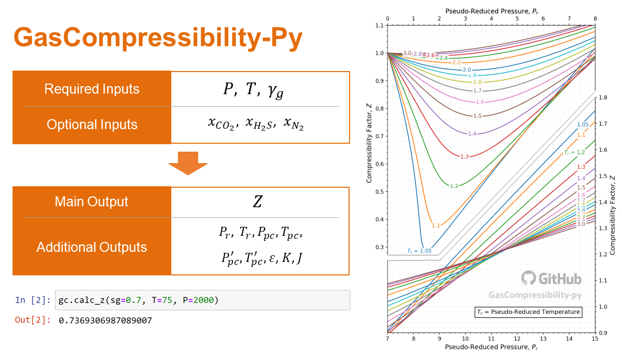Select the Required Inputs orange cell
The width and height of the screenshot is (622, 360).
91,89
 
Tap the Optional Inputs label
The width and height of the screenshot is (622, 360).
92,125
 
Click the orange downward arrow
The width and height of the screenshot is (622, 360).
188,163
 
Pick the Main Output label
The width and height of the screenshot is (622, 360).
91,202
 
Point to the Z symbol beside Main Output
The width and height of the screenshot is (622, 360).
257,202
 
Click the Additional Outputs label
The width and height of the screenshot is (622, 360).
91,247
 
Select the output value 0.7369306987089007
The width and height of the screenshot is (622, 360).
105,320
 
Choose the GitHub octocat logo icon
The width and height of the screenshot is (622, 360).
528,278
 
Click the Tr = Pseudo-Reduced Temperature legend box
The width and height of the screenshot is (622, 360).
528,312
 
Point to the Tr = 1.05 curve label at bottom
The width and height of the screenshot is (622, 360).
419,251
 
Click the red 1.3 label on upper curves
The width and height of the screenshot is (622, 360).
464,157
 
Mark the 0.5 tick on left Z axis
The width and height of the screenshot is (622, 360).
379,192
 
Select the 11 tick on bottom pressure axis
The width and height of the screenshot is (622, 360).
491,339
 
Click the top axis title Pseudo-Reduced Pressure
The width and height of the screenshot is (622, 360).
491,10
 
